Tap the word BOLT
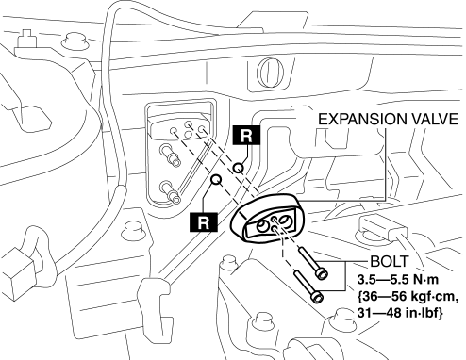pos(390,261)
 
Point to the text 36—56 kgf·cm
pos(408,296)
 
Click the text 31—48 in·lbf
pos(400,313)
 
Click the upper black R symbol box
pos(246,135)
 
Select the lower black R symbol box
pos(204,222)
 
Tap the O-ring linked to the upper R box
pos(238,168)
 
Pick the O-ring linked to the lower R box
pos(216,179)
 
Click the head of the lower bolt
pos(317,296)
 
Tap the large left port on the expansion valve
pos(261,226)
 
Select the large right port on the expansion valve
pos(285,221)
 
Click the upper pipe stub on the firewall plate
pos(171,155)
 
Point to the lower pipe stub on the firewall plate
pos(171,191)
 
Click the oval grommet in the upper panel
pos(270,73)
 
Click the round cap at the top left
pos(75,41)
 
